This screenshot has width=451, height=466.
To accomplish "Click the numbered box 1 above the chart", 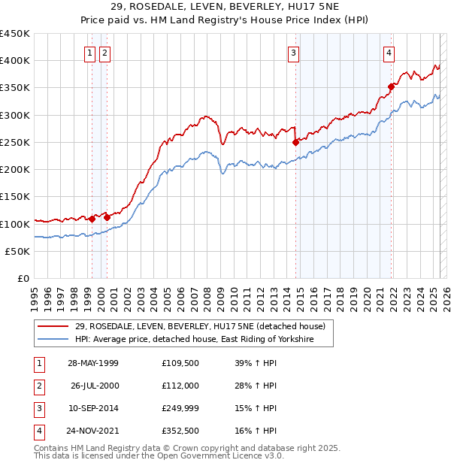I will click(89, 53).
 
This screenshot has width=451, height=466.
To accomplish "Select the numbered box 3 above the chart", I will click(292, 53).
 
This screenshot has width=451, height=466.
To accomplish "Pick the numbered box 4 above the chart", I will click(389, 53).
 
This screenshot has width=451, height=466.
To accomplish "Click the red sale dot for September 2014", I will click(295, 141).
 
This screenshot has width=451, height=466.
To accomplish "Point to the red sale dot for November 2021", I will click(391, 86).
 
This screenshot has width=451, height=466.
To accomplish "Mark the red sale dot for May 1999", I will click(92, 219).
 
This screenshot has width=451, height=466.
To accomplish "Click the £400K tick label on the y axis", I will click(15, 61).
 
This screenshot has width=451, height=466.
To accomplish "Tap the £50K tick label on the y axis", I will click(18, 251).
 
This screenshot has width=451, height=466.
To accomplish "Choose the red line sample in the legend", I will click(53, 327).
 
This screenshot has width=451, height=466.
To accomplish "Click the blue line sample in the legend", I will click(53, 340).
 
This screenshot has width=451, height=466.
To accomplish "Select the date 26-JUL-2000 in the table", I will click(95, 386).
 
